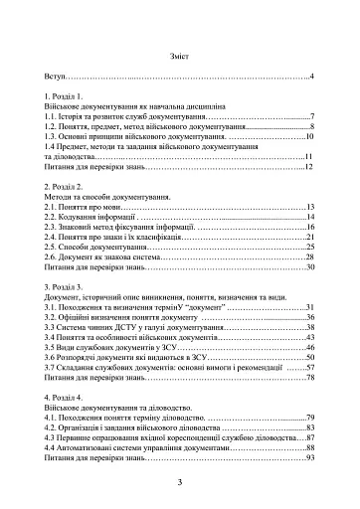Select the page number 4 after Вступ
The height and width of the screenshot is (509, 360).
(311, 77)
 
